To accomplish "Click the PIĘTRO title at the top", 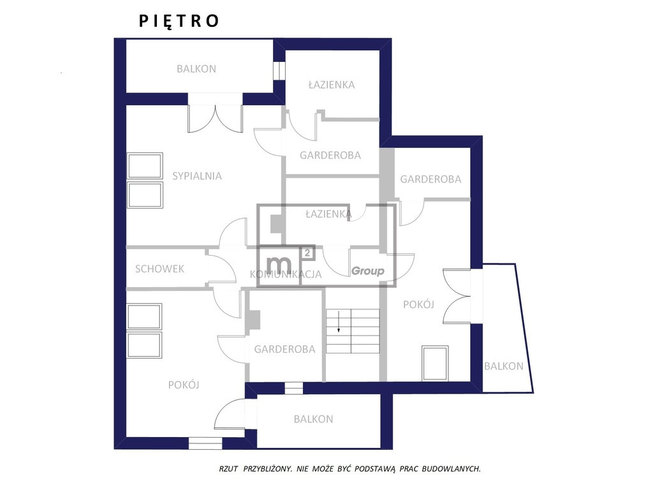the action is click(179, 21).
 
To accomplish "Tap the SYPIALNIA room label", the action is click(197, 176).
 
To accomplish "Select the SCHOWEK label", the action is click(159, 269).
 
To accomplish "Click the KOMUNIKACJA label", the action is click(286, 274).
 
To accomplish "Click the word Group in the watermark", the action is click(368, 271).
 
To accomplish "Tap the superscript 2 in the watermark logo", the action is click(307, 253).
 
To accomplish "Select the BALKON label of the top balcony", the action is click(196, 69).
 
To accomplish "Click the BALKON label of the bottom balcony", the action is click(313, 419).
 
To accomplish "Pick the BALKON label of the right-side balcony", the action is click(504, 366).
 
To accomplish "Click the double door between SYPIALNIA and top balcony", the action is click(215, 119).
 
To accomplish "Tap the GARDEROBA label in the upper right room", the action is click(430, 179).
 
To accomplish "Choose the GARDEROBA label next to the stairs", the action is click(285, 349).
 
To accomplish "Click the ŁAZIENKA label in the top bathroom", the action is click(332, 85).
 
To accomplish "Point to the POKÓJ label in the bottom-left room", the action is click(184, 385).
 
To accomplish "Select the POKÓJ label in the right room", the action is click(418, 304).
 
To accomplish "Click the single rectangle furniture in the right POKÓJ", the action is click(435, 363).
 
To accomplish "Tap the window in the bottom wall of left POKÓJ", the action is click(205, 443).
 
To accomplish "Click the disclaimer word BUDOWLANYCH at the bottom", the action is click(451, 469).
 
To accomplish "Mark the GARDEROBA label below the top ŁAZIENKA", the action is click(330, 155).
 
